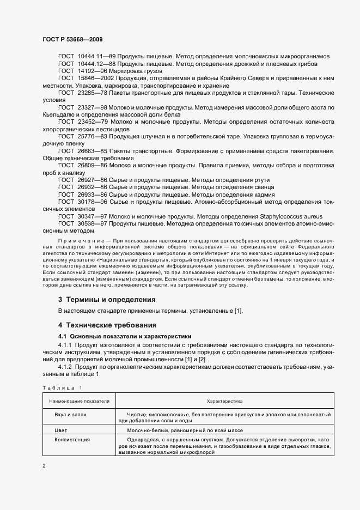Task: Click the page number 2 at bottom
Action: click(x=44, y=466)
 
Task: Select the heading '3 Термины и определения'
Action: click(x=107, y=300)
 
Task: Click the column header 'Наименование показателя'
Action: click(x=79, y=401)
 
